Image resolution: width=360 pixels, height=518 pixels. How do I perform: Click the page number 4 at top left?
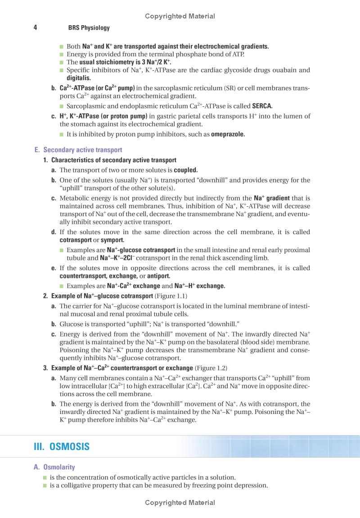(35, 27)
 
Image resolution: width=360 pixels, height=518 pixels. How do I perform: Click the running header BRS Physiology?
(89, 28)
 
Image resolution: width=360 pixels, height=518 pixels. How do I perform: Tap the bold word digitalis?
(78, 78)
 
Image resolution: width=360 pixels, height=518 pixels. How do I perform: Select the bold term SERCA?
(262, 106)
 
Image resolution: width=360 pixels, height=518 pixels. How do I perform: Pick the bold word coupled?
(186, 170)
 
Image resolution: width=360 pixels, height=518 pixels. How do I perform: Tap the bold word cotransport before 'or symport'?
(75, 240)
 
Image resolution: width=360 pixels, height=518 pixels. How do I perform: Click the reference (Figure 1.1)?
(171, 296)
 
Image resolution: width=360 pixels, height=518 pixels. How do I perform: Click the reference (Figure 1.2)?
(211, 368)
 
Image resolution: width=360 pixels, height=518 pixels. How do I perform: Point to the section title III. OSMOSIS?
(62, 447)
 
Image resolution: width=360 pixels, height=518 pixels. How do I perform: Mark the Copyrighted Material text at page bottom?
(180, 503)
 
